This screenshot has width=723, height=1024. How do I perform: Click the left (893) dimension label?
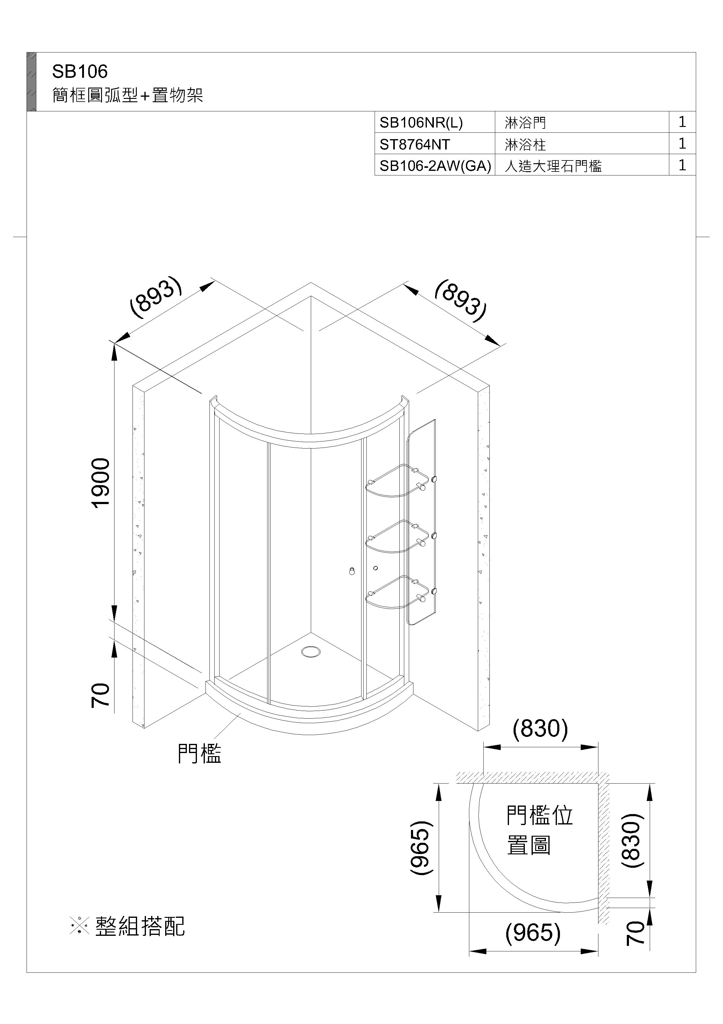[155, 298]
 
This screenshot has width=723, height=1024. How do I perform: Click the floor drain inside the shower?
[311, 652]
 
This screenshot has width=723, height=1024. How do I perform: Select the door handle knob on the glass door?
[352, 571]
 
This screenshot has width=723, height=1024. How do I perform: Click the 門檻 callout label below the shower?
[199, 754]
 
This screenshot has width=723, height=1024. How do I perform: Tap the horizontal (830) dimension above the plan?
[540, 729]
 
